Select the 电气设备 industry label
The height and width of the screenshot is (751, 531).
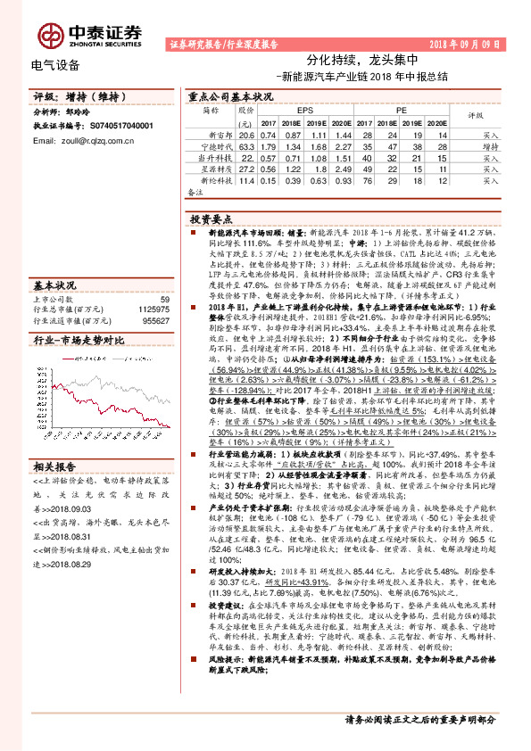(x=55, y=65)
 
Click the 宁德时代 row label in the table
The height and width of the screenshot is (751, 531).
(x=216, y=146)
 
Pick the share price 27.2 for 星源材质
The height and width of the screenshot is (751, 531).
(x=247, y=168)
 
